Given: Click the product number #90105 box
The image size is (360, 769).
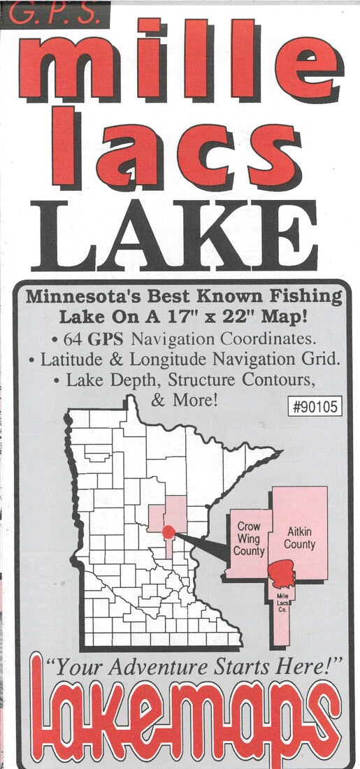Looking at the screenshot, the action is (315, 407).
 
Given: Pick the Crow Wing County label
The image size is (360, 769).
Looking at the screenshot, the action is (249, 538).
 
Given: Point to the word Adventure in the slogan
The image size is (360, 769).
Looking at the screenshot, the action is (152, 668).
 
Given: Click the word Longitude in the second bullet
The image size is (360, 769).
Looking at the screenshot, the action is (188, 360).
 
